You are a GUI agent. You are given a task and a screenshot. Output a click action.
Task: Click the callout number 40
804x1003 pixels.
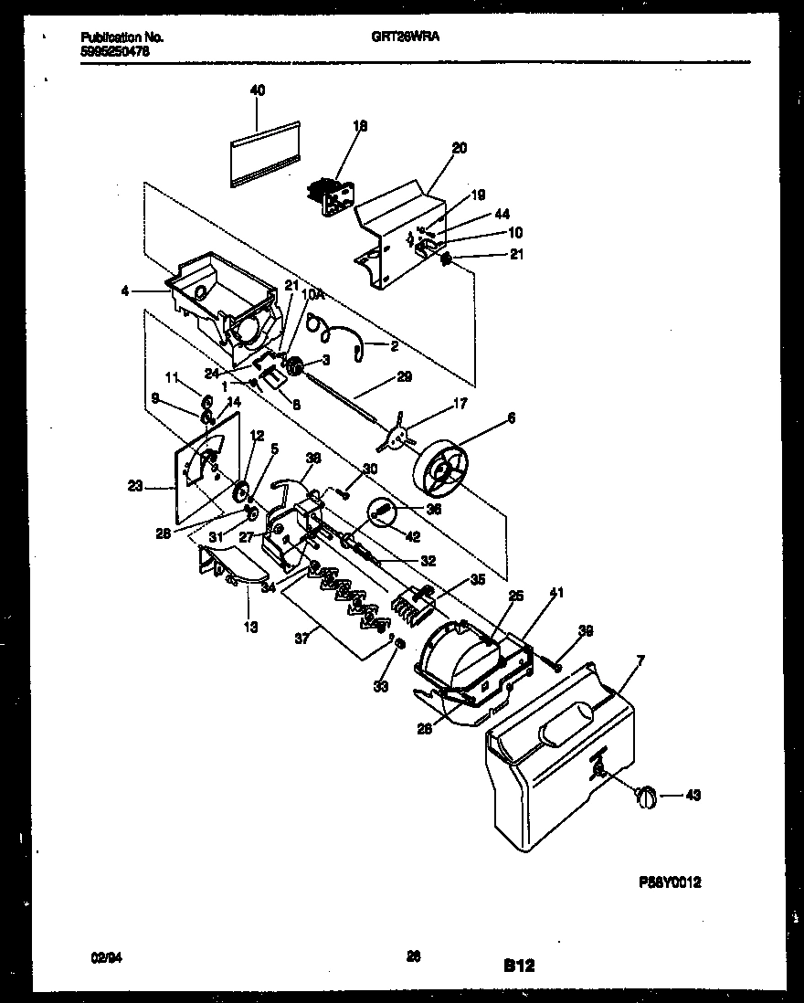[x=258, y=90]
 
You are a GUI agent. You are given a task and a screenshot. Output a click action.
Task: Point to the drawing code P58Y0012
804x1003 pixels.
[x=669, y=883]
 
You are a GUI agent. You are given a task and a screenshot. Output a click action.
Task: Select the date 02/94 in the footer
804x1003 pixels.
[x=104, y=956]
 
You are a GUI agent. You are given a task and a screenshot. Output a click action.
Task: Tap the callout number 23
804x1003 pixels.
[x=135, y=488]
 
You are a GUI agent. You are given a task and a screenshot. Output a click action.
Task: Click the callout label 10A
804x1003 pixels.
[x=312, y=294]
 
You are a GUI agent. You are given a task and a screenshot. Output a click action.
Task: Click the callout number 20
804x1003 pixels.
[x=459, y=146]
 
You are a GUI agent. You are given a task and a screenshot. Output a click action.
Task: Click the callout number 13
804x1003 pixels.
[x=249, y=627]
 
